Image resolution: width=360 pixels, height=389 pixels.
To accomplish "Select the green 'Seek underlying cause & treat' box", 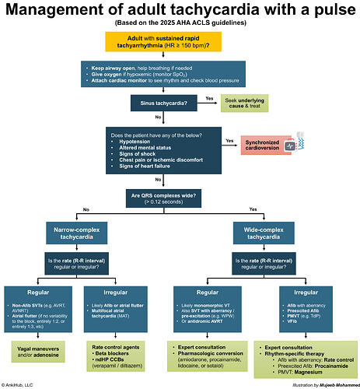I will (243, 103).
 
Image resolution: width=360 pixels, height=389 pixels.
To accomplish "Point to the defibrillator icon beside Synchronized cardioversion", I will (289, 145).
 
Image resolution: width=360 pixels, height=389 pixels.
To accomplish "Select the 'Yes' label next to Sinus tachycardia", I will (210, 99).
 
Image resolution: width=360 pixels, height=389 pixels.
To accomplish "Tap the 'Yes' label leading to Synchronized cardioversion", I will (229, 141).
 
